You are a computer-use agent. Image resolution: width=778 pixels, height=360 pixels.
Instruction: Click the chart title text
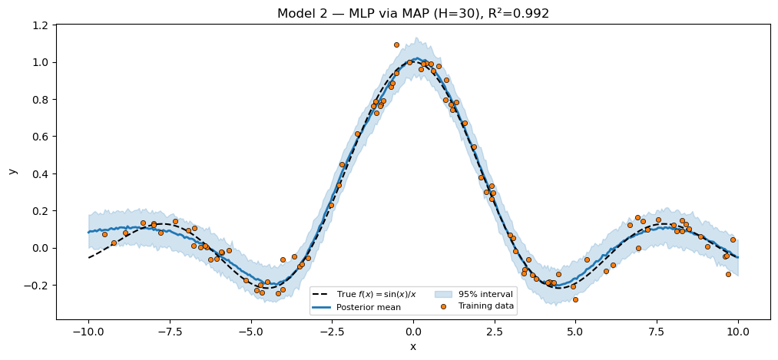(x=413, y=13)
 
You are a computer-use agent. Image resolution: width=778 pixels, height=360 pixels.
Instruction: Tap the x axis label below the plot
(x=413, y=346)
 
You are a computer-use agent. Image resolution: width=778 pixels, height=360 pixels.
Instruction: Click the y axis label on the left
(x=12, y=170)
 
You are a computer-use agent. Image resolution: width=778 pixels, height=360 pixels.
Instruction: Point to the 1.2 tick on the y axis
(x=39, y=25)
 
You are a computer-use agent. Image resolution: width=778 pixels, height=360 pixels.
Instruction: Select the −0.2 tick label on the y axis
(x=36, y=286)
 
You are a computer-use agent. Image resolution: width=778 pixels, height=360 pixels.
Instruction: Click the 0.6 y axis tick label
(x=39, y=137)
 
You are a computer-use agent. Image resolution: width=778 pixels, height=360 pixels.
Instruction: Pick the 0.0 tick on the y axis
(x=39, y=248)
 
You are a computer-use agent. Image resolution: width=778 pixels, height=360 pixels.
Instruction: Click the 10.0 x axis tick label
(x=738, y=332)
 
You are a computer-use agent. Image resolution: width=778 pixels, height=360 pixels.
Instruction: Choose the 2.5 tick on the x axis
(x=495, y=332)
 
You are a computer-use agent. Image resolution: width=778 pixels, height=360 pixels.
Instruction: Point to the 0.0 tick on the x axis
(x=413, y=332)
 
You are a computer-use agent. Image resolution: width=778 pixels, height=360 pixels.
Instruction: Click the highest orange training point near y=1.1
(x=396, y=45)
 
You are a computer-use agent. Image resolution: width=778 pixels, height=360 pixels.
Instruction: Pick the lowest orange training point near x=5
(x=575, y=299)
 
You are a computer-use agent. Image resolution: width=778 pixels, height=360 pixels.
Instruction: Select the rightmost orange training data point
(x=733, y=239)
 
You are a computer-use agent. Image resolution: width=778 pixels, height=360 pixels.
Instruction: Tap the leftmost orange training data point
(x=104, y=234)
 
